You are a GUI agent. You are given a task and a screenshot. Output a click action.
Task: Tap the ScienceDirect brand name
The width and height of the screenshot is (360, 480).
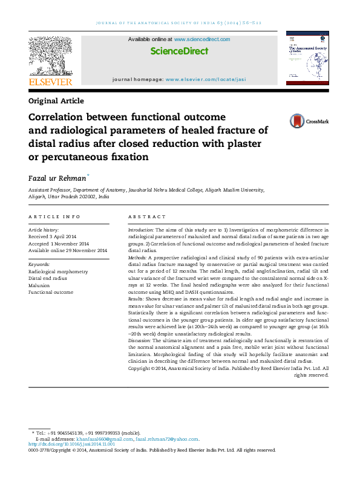pos(178,52)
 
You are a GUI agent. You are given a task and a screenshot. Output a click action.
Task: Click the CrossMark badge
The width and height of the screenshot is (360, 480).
pos(307,121)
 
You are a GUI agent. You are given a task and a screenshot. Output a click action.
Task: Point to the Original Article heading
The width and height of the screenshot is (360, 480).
pos(56,101)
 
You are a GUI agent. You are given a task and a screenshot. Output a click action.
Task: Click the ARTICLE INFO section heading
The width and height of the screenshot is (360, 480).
pos(54,216)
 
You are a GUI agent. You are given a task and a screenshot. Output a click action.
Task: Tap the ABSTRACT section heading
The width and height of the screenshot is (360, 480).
pos(146,216)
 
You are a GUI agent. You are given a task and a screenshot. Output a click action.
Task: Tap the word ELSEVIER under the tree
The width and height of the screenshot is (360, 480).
pos(50,82)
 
